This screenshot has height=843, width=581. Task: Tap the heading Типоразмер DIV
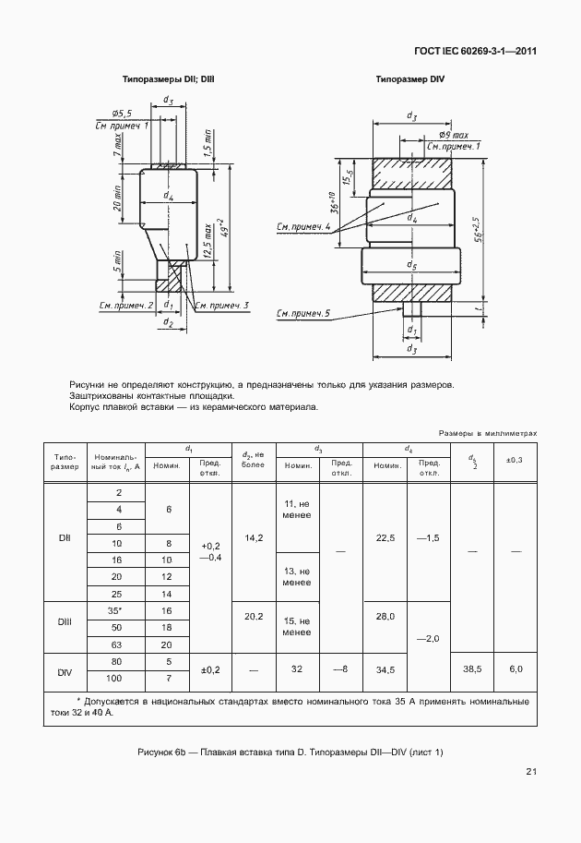[409, 80]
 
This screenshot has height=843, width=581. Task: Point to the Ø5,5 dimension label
[113, 111]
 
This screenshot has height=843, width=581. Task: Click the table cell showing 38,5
[471, 668]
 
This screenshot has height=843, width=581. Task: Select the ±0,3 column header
[515, 460]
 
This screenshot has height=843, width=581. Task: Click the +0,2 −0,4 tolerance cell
[209, 551]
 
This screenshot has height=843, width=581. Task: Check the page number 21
[531, 771]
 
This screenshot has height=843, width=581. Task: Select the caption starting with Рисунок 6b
[290, 752]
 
